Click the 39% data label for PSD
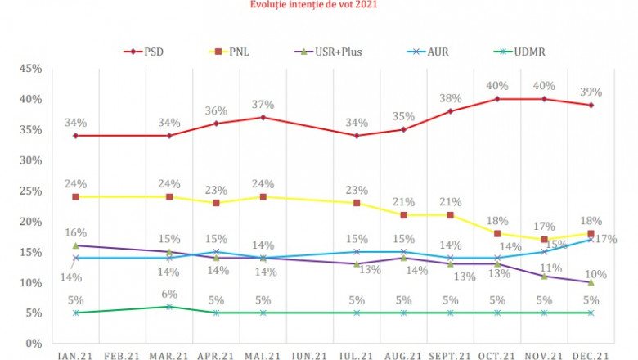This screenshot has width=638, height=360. pos(591,92)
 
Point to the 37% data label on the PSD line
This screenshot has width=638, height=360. pos(263,103)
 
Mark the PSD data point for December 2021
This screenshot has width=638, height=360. pos(591,106)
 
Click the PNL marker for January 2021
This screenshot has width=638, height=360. pos(76,197)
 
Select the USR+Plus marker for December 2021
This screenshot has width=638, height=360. pos(591,282)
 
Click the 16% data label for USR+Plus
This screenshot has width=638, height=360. pos(76,233)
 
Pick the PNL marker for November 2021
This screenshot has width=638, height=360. pos(544,240)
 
